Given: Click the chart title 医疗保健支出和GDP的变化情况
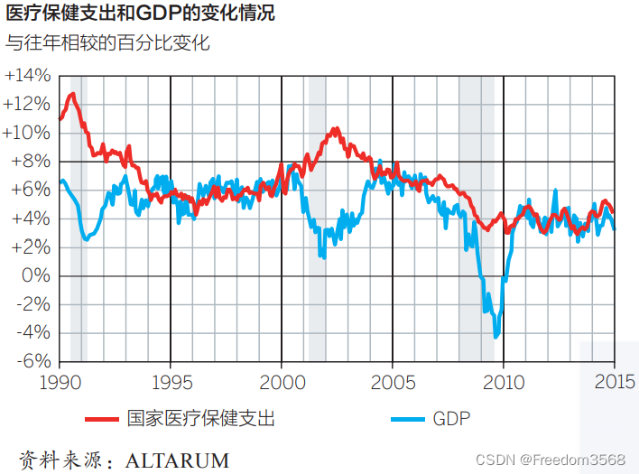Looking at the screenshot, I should [x=141, y=14].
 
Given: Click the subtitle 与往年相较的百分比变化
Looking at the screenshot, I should [x=107, y=42].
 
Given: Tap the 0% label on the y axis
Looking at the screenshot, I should [x=35, y=275].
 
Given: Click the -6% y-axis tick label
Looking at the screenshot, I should [x=32, y=361].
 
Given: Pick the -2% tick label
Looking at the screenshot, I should [x=32, y=304].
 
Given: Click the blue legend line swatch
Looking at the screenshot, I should [x=407, y=419].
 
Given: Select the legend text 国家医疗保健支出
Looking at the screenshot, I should [x=200, y=419].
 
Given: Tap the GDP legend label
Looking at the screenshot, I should [x=452, y=419].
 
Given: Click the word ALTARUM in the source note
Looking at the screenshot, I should [x=178, y=460].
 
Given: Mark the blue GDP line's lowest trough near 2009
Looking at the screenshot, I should [x=495, y=337].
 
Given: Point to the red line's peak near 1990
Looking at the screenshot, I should [x=72, y=94].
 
